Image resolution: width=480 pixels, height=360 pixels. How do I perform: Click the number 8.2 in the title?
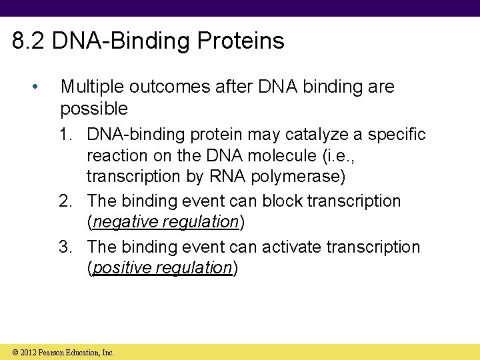pos(29,41)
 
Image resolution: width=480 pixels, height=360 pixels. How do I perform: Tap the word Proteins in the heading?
pos(241,41)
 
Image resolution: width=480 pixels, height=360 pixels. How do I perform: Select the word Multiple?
pos(93,87)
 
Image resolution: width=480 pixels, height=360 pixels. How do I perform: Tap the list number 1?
pos(65,135)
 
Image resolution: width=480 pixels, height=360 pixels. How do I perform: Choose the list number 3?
pos(65,247)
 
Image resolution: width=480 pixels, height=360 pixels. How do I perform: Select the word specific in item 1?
pos(397,135)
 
